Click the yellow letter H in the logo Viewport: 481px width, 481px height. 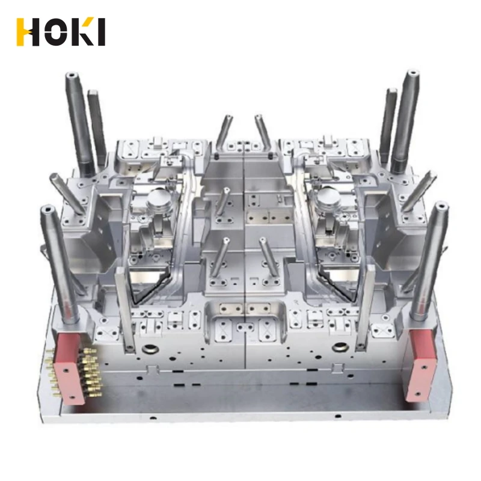pyautogui.click(x=28, y=32)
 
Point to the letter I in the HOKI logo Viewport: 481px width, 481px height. pyautogui.click(x=102, y=32)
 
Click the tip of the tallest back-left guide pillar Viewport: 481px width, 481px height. pyautogui.click(x=72, y=75)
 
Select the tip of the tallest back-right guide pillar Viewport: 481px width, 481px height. pyautogui.click(x=414, y=73)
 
